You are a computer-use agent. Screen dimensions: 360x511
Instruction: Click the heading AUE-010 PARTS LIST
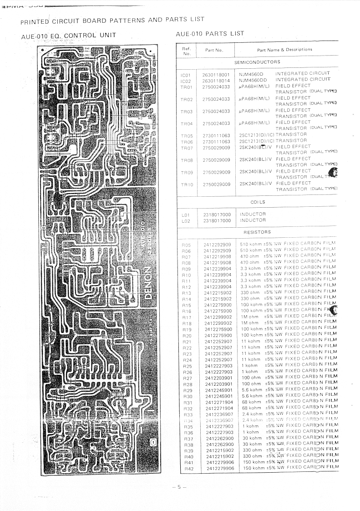pos(209,33)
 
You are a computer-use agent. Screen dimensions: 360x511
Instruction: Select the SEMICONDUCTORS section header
pos(257,62)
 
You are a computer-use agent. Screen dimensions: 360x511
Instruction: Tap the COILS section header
pos(258,202)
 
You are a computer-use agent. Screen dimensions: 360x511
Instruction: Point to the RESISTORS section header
pos(257,232)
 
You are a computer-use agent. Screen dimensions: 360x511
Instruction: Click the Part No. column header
pos(214,50)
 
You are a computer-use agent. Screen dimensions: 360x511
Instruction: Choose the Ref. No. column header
pos(186,51)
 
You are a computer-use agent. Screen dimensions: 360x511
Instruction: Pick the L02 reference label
pos(185,221)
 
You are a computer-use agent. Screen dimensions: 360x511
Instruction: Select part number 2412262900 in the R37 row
pos(219,439)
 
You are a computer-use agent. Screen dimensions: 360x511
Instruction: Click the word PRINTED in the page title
pos(35,21)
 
